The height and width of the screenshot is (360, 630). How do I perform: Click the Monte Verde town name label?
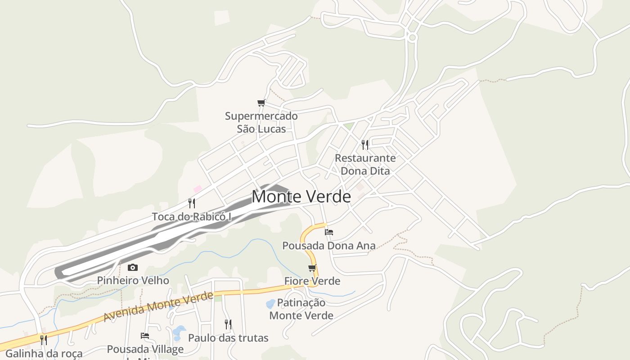click(301, 197)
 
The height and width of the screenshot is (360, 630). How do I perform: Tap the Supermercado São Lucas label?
click(261, 122)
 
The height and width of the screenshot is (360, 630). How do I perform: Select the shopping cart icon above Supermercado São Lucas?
click(261, 103)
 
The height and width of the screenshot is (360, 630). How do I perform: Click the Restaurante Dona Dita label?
click(365, 165)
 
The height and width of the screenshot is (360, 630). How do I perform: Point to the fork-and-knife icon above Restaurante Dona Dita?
click(365, 145)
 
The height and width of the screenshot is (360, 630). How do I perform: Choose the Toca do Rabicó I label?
click(192, 217)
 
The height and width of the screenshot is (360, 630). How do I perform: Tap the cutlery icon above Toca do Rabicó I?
click(192, 203)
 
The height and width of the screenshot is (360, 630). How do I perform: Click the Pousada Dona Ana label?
click(328, 246)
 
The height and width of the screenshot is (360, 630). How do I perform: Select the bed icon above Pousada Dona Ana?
click(329, 232)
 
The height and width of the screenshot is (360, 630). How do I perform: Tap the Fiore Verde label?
click(312, 281)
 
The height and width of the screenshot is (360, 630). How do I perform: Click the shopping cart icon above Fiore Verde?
click(312, 269)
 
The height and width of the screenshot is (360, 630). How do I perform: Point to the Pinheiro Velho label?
click(133, 281)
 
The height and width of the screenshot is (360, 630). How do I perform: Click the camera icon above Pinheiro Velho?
click(133, 268)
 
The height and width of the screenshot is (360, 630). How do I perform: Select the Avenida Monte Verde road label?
click(158, 306)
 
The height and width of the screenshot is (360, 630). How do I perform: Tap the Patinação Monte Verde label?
click(301, 309)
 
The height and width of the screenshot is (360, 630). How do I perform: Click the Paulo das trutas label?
click(228, 338)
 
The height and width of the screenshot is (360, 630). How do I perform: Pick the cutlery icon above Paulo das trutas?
click(228, 324)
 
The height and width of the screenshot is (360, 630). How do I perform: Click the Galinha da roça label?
click(44, 354)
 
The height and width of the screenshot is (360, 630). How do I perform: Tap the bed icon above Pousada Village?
click(145, 336)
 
